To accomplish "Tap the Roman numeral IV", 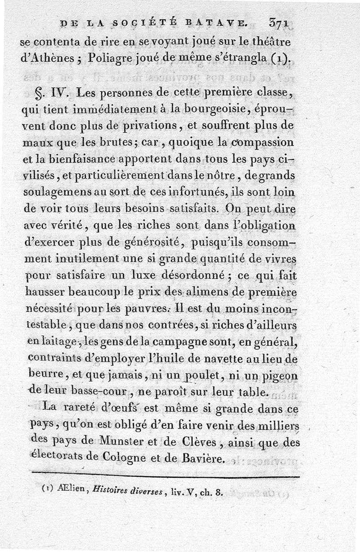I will [60, 94].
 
